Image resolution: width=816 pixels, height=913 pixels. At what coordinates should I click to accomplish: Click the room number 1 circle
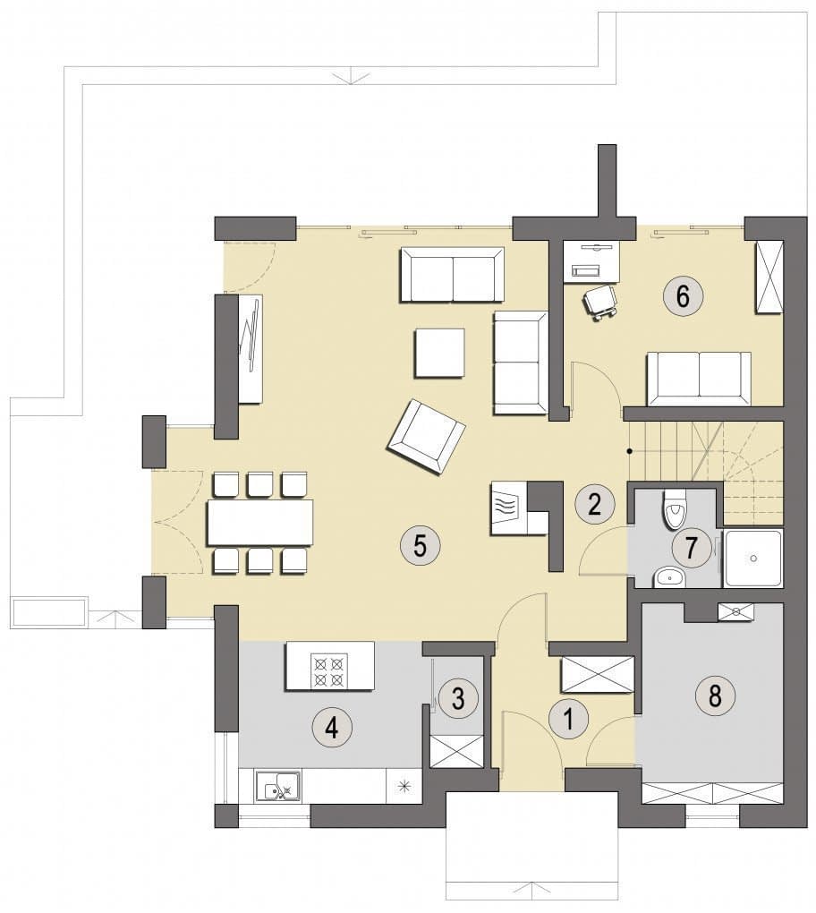pyautogui.click(x=569, y=719)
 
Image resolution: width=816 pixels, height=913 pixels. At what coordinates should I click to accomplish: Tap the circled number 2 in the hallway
pyautogui.click(x=594, y=504)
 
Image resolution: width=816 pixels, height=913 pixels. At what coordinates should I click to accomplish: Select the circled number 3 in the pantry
pyautogui.click(x=458, y=698)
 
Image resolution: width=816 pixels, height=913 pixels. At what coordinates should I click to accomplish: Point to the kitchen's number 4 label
pyautogui.click(x=332, y=727)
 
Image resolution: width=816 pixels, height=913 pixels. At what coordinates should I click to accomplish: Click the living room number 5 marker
pyautogui.click(x=421, y=546)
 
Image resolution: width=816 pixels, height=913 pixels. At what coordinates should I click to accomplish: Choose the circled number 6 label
pyautogui.click(x=683, y=295)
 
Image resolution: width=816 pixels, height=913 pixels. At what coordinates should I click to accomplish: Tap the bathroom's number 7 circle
pyautogui.click(x=692, y=547)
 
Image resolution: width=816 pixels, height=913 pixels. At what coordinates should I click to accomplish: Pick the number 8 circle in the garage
pyautogui.click(x=715, y=695)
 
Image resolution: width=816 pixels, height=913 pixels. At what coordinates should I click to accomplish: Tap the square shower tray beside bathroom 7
pyautogui.click(x=752, y=558)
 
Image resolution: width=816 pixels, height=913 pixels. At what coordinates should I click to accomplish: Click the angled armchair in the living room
pyautogui.click(x=426, y=438)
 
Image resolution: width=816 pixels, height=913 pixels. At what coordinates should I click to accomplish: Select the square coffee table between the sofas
pyautogui.click(x=439, y=353)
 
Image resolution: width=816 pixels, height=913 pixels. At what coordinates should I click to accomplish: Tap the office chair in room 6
pyautogui.click(x=600, y=303)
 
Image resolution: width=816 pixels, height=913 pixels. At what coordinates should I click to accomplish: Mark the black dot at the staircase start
pyautogui.click(x=629, y=450)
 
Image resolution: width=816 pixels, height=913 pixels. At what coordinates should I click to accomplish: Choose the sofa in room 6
pyautogui.click(x=699, y=379)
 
